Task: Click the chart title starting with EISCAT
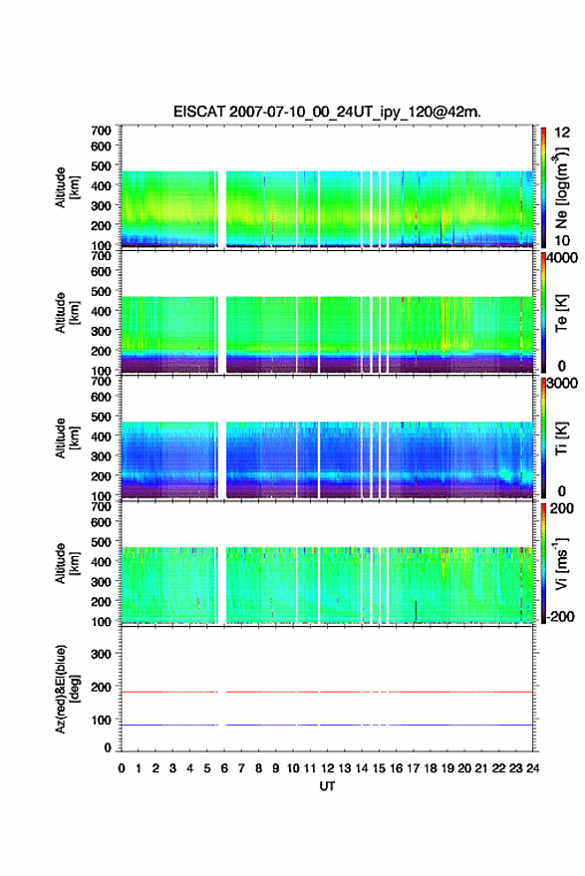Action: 327,112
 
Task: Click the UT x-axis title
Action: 327,786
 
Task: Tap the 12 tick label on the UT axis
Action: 327,768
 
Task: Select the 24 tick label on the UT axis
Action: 533,768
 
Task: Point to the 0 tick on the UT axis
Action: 122,768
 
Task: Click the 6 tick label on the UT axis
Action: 224,768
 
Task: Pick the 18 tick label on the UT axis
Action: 431,768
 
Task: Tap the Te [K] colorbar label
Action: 562,313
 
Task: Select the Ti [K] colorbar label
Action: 562,438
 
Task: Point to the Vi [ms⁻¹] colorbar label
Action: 562,563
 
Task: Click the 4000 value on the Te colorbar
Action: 561,258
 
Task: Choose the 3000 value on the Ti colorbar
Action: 561,384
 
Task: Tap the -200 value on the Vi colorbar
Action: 560,616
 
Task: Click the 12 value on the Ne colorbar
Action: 562,133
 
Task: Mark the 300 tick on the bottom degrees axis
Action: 101,654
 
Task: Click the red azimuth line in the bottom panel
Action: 327,692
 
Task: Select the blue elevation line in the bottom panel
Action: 327,725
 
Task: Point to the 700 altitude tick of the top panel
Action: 101,131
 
